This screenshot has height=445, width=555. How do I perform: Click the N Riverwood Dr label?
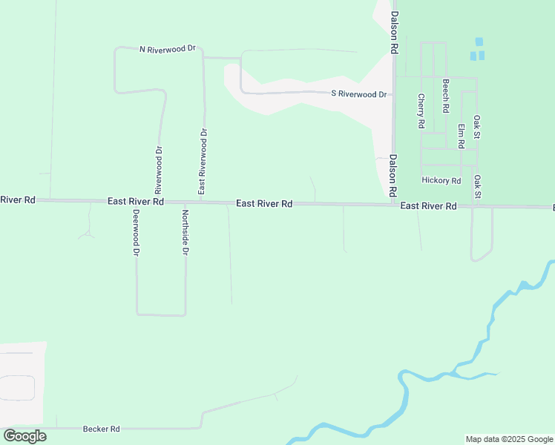(x=167, y=49)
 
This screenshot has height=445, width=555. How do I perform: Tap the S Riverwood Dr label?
(x=359, y=94)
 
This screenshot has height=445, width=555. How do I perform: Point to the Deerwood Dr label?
(x=137, y=233)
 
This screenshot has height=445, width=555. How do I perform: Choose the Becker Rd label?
(x=101, y=429)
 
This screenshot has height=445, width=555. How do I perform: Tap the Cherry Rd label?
(x=421, y=111)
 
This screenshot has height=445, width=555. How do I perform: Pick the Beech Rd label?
(x=445, y=96)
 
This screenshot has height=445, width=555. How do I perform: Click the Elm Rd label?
(x=461, y=135)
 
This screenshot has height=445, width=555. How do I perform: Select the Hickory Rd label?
(x=441, y=180)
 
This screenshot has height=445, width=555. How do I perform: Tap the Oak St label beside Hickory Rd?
(x=478, y=187)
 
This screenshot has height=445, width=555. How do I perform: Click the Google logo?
(x=24, y=436)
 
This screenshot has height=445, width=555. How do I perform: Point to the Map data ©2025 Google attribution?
(x=510, y=439)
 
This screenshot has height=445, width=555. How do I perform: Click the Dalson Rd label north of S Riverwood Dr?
(x=394, y=32)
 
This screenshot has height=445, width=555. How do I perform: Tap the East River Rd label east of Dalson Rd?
(x=428, y=207)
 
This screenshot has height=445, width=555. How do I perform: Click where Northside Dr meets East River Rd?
(x=185, y=202)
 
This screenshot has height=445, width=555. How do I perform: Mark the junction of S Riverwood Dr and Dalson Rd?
(x=393, y=94)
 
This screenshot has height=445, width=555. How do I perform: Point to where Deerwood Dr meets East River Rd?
(x=136, y=202)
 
